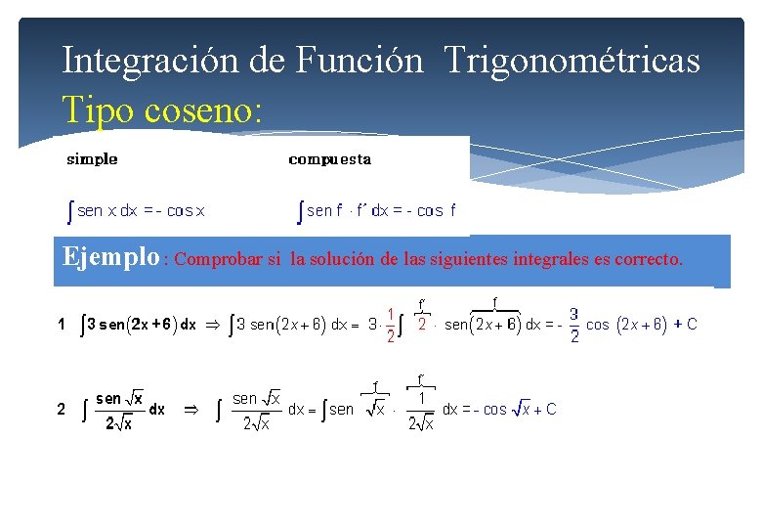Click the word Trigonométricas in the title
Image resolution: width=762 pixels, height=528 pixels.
coord(571,61)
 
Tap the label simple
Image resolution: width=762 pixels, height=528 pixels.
coord(92,158)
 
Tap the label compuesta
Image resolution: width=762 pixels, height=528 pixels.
coord(330,158)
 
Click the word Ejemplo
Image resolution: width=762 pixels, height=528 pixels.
coord(110,258)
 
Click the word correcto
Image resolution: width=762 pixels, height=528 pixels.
coord(649,260)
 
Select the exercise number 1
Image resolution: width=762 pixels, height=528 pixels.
coord(62,325)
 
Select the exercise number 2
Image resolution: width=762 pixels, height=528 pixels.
coord(62,410)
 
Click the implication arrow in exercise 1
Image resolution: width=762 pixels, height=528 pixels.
coord(211,325)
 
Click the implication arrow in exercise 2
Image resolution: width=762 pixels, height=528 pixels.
coord(191,410)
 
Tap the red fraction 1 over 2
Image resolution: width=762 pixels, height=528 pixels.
coord(391,326)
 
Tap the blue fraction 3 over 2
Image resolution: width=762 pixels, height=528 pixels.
coord(574,326)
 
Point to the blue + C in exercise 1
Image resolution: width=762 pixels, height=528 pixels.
coord(686,325)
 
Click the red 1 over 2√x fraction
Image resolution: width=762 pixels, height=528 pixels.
coord(421,411)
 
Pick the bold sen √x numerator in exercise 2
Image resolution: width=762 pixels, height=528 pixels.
coord(120,398)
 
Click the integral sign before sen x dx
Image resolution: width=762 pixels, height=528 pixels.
coord(69,210)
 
